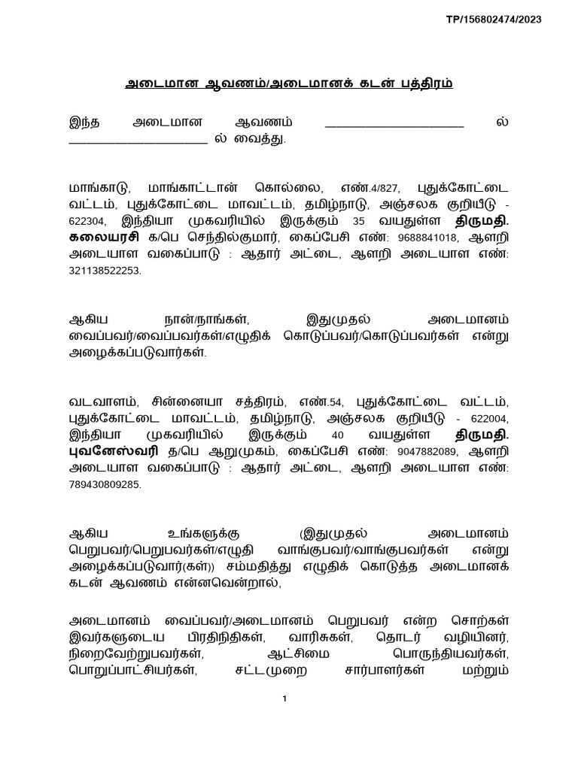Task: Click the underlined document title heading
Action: pos(289,83)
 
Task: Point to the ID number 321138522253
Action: pos(105,271)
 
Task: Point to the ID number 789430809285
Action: pos(105,485)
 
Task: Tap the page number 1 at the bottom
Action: pos(284,699)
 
